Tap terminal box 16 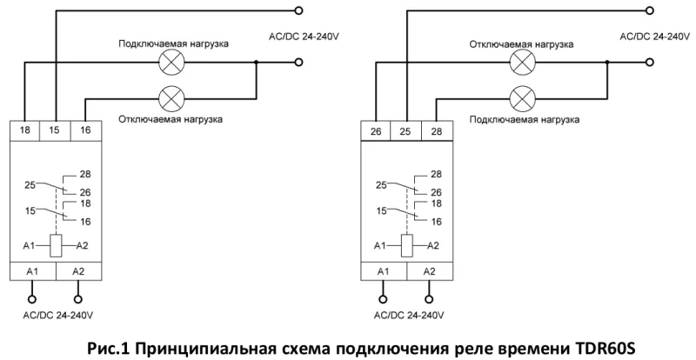85,130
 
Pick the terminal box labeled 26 376,131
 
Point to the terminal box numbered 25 405,131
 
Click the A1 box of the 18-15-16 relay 33,271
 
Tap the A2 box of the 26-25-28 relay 430,271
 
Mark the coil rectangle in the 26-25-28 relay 405,245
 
